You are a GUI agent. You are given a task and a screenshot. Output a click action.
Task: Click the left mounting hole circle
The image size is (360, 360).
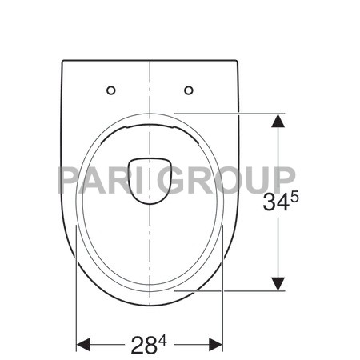coord(112,89)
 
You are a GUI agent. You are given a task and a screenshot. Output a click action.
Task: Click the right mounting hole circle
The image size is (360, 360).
coord(189,89)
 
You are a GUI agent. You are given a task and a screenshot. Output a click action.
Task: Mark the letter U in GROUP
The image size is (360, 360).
coord(255,178)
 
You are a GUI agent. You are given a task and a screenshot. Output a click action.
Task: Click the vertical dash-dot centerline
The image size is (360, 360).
coord(150,256)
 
